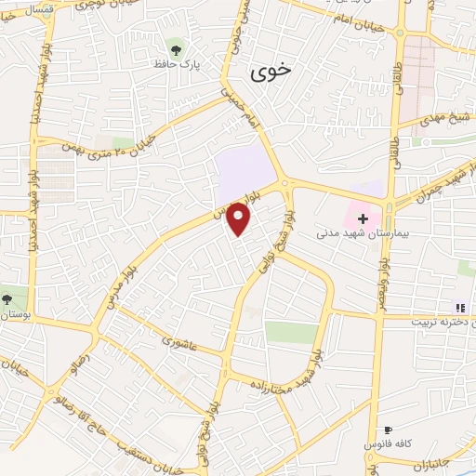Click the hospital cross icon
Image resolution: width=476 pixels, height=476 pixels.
tap(364, 218)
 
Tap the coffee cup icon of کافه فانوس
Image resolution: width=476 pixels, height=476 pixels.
tap(388, 430)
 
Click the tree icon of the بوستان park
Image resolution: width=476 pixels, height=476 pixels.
tap(8, 299)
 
